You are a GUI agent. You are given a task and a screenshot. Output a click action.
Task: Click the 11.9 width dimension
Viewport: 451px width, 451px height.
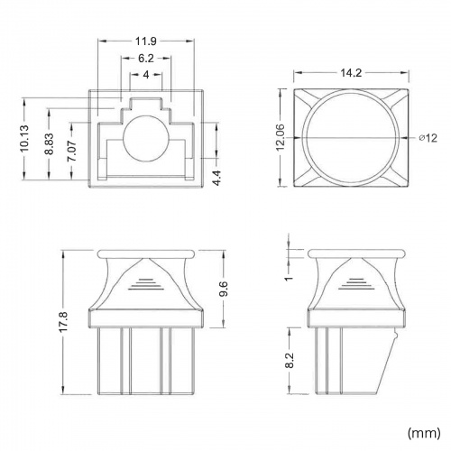tap(146, 41)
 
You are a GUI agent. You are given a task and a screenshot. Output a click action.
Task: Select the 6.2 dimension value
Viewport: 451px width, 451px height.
tap(146, 58)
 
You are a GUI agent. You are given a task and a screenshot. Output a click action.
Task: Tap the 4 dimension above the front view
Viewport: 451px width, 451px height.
tap(146, 75)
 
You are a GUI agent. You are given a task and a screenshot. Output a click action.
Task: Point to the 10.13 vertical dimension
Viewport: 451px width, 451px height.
tap(24, 138)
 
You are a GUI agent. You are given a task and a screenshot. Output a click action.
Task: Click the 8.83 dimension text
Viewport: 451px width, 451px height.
tap(49, 144)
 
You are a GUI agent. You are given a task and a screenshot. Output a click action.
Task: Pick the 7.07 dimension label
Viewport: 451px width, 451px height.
tap(72, 151)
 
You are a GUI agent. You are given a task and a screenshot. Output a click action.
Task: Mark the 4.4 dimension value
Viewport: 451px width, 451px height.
tap(216, 178)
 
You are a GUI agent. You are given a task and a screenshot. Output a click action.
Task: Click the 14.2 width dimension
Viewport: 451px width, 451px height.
tap(351, 73)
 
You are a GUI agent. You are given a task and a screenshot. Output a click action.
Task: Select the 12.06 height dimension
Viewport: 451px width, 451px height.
tap(281, 137)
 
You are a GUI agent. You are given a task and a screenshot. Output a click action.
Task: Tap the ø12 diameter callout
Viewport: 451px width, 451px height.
tap(428, 138)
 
